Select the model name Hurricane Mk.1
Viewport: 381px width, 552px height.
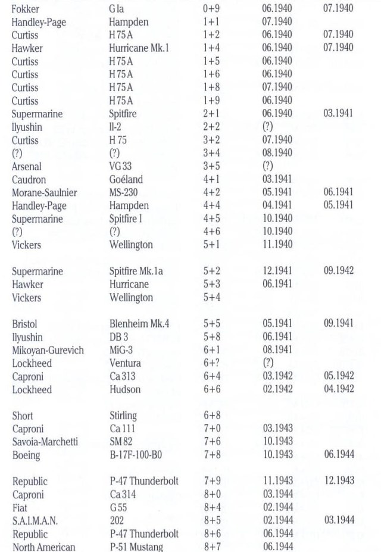139,48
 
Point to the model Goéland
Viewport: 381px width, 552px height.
127,179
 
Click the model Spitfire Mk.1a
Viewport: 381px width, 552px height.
140,272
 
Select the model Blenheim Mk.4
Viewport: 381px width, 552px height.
140,324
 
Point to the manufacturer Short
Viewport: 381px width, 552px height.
22,416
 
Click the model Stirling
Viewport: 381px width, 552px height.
123,416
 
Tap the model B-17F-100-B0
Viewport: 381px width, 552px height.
138,455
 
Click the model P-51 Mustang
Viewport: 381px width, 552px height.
139,547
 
